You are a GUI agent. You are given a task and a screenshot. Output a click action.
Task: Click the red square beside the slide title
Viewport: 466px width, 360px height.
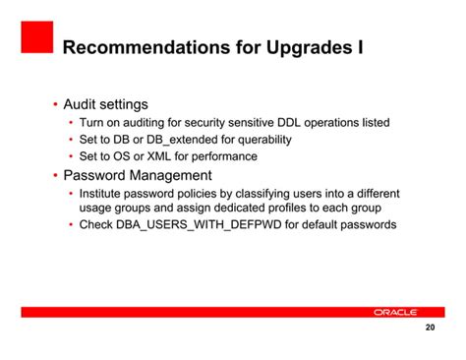click(35, 38)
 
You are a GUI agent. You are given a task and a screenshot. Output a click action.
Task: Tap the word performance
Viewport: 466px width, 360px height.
click(225, 156)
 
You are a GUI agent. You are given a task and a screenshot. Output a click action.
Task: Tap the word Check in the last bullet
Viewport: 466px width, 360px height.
click(97, 225)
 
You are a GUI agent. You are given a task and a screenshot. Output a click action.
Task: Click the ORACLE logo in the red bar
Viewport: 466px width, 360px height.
click(396, 312)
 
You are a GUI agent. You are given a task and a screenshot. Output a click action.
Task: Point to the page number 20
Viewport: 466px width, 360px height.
click(430, 329)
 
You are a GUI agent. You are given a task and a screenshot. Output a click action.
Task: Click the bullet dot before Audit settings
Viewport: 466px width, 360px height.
click(54, 105)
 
